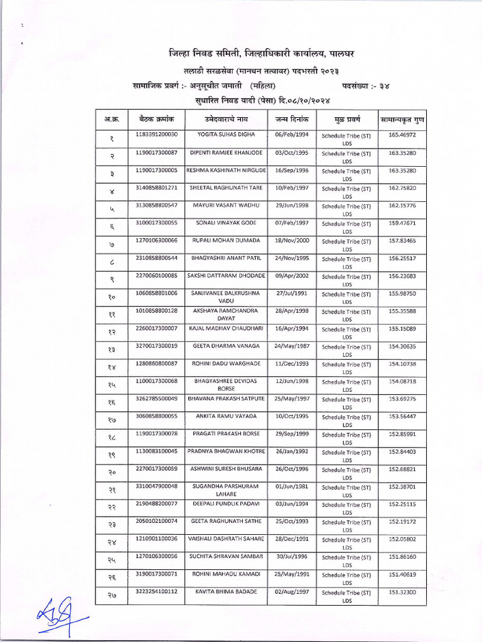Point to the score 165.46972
pyautogui.click(x=402, y=134)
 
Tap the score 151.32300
pyautogui.click(x=402, y=591)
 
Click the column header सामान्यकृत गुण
pyautogui.click(x=402, y=118)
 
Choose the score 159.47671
pyautogui.click(x=402, y=222)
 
